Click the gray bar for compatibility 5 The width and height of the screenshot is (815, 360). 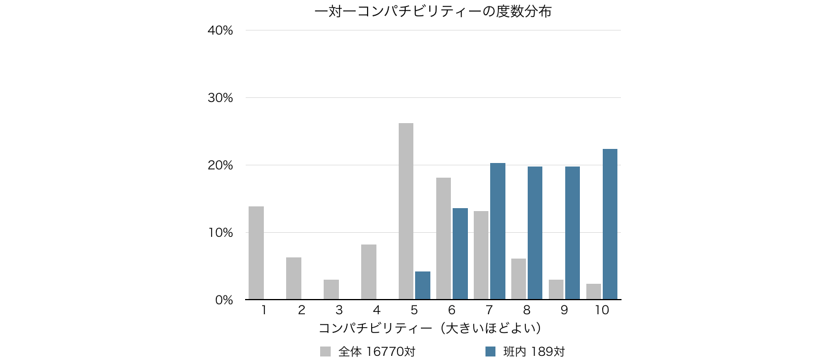(406, 211)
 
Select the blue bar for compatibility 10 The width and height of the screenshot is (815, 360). (610, 224)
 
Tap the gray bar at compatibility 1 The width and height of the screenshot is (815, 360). (256, 253)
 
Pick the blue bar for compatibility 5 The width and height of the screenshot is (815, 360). (422, 286)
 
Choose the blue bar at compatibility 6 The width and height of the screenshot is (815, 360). (460, 253)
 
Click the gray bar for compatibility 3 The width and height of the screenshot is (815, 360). (331, 290)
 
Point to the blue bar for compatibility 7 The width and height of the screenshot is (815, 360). (497, 231)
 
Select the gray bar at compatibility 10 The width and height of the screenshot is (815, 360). (593, 291)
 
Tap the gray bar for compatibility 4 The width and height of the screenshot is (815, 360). (369, 272)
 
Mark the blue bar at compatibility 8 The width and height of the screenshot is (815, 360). (535, 233)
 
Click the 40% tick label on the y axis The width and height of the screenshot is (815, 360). (220, 30)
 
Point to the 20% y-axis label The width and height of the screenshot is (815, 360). (220, 165)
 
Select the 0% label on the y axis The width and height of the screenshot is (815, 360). (223, 300)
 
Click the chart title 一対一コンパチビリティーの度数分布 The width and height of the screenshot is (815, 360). (433, 11)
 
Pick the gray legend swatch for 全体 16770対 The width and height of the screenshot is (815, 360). (325, 351)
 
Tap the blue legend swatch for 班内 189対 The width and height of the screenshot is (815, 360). (491, 351)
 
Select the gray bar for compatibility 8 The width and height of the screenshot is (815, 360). (518, 279)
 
